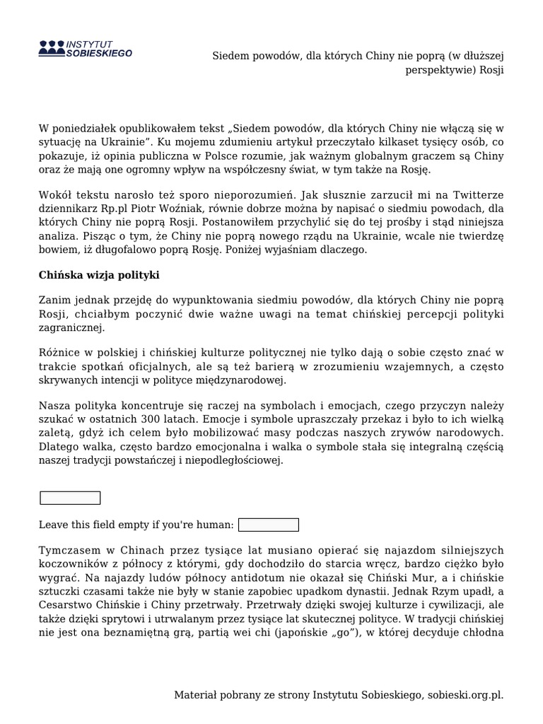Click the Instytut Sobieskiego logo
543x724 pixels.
pyautogui.click(x=85, y=48)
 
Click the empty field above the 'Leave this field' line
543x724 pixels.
pyautogui.click(x=70, y=498)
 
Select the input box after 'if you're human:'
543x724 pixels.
pyautogui.click(x=269, y=525)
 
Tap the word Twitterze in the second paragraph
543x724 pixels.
pyautogui.click(x=479, y=197)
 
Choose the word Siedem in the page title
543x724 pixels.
pyautogui.click(x=230, y=55)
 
